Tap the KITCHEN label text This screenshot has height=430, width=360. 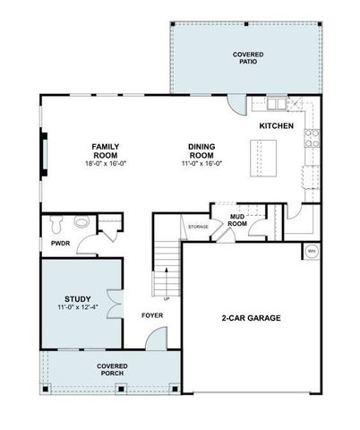pos(276,126)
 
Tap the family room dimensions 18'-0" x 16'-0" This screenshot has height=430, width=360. pos(106,163)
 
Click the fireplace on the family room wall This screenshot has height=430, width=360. pos(42,154)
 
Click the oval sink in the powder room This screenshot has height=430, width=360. pos(81,221)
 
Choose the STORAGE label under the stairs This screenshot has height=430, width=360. pos(198,227)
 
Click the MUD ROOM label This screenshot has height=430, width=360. pos(237,219)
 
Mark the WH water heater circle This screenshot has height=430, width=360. pos(312,250)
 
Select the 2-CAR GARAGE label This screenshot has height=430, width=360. pos(251,318)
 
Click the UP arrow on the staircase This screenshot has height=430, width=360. pos(166,298)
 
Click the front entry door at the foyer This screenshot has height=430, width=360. pos(156,340)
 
